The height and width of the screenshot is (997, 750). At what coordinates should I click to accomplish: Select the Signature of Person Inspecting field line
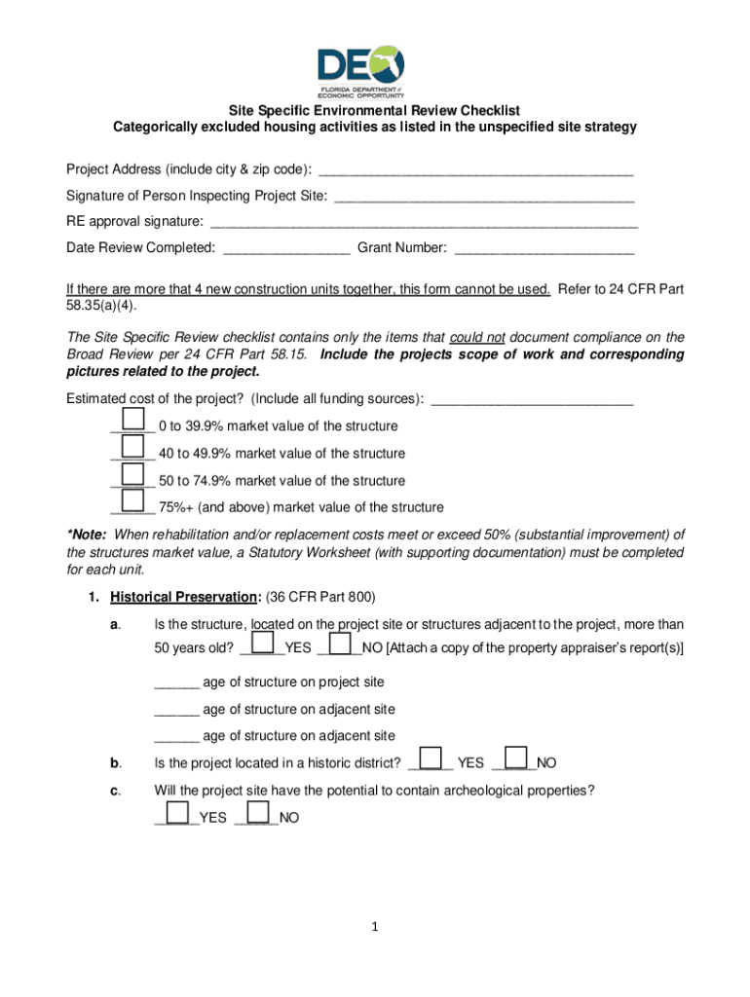(483, 198)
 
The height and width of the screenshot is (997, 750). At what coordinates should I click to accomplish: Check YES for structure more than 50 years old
(262, 643)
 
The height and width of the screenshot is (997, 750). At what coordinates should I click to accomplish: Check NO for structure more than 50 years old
(340, 643)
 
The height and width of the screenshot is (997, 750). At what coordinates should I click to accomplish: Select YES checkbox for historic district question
(430, 757)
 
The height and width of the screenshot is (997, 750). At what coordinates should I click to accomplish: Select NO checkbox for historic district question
(517, 757)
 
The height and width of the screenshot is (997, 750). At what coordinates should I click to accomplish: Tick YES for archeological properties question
(177, 812)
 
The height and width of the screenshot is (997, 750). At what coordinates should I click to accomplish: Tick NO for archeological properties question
(259, 812)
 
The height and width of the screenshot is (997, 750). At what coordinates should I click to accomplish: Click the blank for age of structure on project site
(176, 683)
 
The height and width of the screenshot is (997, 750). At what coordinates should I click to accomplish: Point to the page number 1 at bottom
(375, 926)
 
